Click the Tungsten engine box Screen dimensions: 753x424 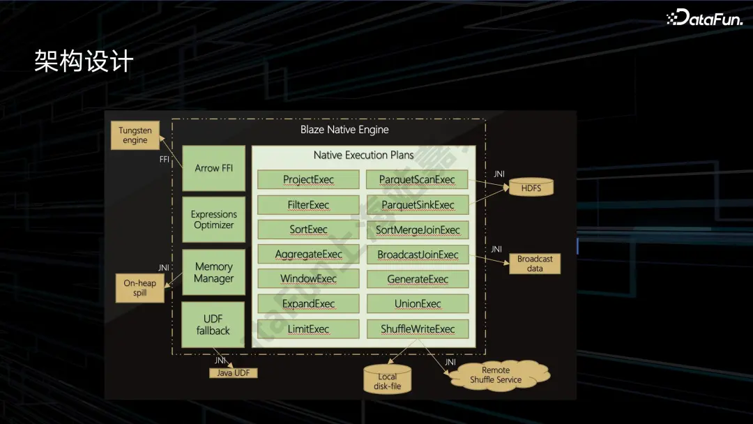135,135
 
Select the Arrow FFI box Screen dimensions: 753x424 214,168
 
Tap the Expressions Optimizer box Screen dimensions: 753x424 214,220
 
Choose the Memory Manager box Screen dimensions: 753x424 214,272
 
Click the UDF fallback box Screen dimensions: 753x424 213,324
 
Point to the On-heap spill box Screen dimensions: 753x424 139,288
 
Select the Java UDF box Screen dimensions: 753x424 234,373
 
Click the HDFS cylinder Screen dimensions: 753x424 531,188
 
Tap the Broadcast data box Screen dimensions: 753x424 535,264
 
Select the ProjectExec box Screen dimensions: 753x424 308,180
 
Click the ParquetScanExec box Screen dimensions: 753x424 417,180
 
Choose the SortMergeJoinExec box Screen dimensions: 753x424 418,229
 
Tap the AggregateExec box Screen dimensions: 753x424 308,254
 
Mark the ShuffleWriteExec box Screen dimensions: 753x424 418,329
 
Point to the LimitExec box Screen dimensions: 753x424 308,329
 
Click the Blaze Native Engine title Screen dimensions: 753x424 344,130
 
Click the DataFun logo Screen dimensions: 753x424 704,17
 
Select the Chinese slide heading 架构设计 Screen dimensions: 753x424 84,61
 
